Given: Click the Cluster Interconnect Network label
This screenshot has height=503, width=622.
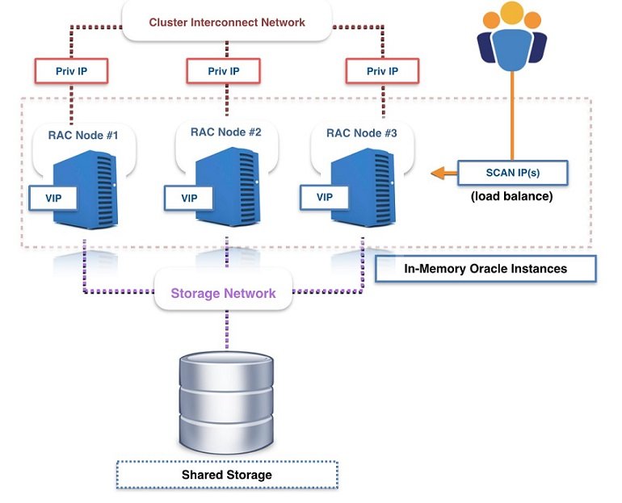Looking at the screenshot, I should tap(227, 23).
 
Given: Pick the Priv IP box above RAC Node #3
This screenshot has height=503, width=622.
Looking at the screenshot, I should tap(383, 71).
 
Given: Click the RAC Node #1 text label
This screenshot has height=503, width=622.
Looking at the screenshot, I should tap(84, 136).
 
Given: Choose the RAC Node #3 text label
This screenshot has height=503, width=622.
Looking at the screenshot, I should tap(360, 134).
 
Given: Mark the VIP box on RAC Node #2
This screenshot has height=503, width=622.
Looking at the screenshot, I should tap(189, 197).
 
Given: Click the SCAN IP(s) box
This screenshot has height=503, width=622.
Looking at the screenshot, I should tap(512, 172).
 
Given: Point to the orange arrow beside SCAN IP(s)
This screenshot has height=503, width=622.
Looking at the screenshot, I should tap(443, 172).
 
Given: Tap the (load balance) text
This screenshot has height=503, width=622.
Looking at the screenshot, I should tap(512, 195).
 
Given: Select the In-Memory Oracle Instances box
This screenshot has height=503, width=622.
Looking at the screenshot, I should tap(485, 269).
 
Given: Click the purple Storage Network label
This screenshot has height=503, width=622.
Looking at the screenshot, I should tap(223, 293).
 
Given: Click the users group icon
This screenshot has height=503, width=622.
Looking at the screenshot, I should tap(511, 36).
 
